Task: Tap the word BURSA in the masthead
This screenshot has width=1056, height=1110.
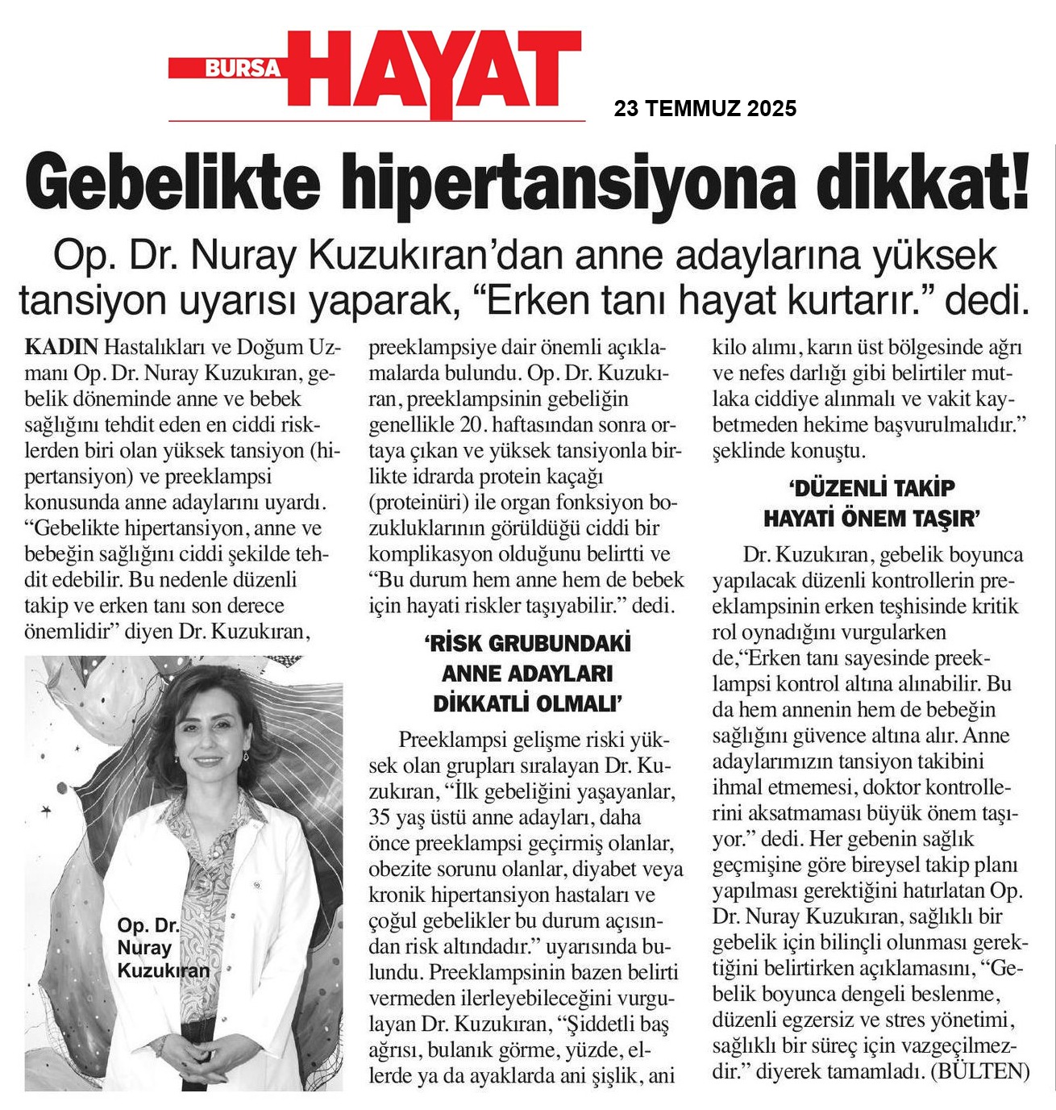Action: tap(241, 69)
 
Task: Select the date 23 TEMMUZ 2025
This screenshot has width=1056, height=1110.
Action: tap(705, 108)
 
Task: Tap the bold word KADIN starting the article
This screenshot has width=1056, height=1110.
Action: tap(61, 347)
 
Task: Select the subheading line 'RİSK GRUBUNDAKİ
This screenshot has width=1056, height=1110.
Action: tap(527, 644)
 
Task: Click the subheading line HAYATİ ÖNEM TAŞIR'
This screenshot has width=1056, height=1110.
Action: tap(871, 519)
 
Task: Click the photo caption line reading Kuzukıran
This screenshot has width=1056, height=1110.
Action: tap(164, 970)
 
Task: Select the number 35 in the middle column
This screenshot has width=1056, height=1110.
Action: tap(380, 817)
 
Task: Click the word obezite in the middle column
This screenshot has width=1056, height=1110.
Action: tap(399, 869)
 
